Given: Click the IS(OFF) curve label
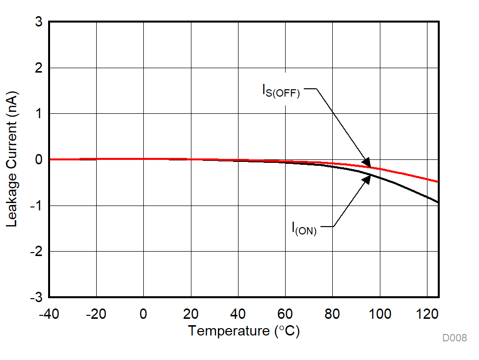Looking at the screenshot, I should (281, 91).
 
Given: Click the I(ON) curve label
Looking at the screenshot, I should (304, 229).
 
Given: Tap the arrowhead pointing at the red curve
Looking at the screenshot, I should (367, 161).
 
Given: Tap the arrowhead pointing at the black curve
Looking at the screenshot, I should (366, 180).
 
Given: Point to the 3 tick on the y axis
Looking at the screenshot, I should (38, 23).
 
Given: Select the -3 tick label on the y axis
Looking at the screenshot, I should (36, 297).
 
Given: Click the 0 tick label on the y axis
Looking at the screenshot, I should (38, 160).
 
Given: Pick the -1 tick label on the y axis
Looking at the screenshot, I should (36, 206).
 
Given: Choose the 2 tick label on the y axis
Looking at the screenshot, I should (38, 68).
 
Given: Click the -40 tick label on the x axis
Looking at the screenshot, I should (49, 314).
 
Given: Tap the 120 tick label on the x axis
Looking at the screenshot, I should (427, 314).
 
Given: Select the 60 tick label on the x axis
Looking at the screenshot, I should (285, 314).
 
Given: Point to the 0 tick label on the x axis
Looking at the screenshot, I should (143, 314).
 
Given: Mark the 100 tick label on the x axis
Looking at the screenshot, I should (380, 314).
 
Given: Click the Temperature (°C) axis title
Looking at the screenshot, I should (243, 331).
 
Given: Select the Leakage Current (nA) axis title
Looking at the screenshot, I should (12, 159).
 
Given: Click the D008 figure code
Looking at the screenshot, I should (454, 338).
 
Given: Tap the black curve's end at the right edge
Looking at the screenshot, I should (438, 202).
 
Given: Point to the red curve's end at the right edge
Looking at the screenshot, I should (438, 181).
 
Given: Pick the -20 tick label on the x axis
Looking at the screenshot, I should (96, 314).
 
